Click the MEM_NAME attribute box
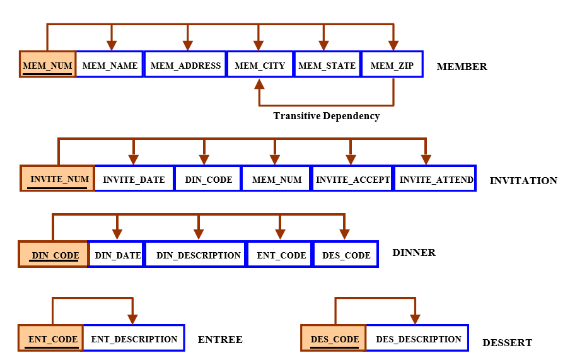click(110, 64)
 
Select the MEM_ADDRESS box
click(185, 64)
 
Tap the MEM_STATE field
click(327, 64)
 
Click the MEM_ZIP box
click(392, 64)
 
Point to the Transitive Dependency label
click(327, 116)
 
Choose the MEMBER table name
click(462, 67)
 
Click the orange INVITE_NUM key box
click(58, 178)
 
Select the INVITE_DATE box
click(134, 178)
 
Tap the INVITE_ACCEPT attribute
click(352, 178)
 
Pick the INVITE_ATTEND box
click(436, 178)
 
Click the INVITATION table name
click(523, 181)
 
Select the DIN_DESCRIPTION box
click(197, 254)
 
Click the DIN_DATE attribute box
click(117, 254)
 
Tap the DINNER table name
click(414, 253)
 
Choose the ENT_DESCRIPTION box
click(134, 338)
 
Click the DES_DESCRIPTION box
click(417, 338)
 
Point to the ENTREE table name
click(220, 340)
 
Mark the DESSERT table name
click(507, 342)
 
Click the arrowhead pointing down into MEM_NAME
click(112, 45)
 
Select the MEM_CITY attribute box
click(260, 64)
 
